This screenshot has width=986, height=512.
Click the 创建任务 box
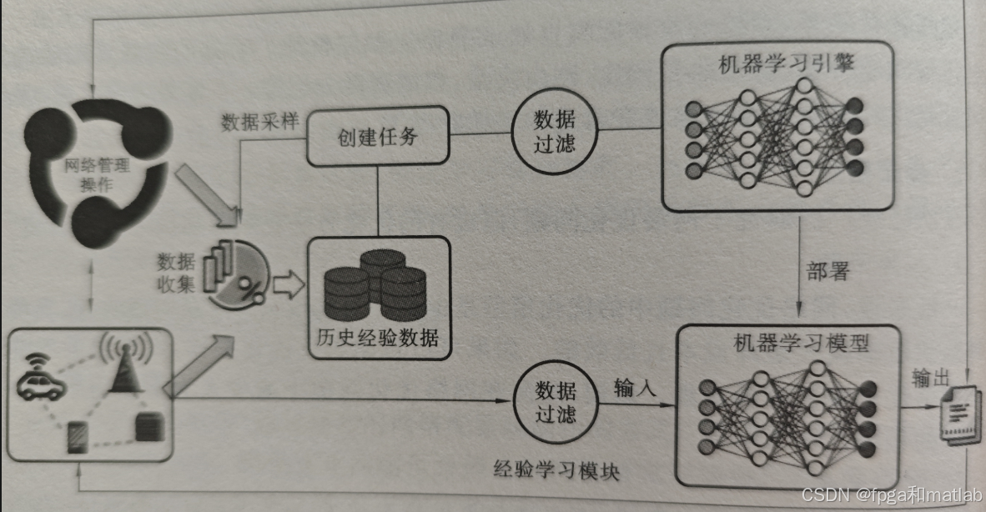tap(377, 136)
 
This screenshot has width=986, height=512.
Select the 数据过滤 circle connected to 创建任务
tap(555, 132)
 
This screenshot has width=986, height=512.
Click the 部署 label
tap(828, 272)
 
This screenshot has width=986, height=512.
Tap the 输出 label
tap(930, 379)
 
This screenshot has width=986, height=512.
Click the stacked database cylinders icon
tap(375, 284)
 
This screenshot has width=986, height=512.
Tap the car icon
tap(41, 379)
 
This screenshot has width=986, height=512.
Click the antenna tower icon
tap(125, 364)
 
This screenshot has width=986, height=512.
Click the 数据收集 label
tap(176, 274)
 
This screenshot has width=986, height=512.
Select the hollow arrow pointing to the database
tap(289, 285)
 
